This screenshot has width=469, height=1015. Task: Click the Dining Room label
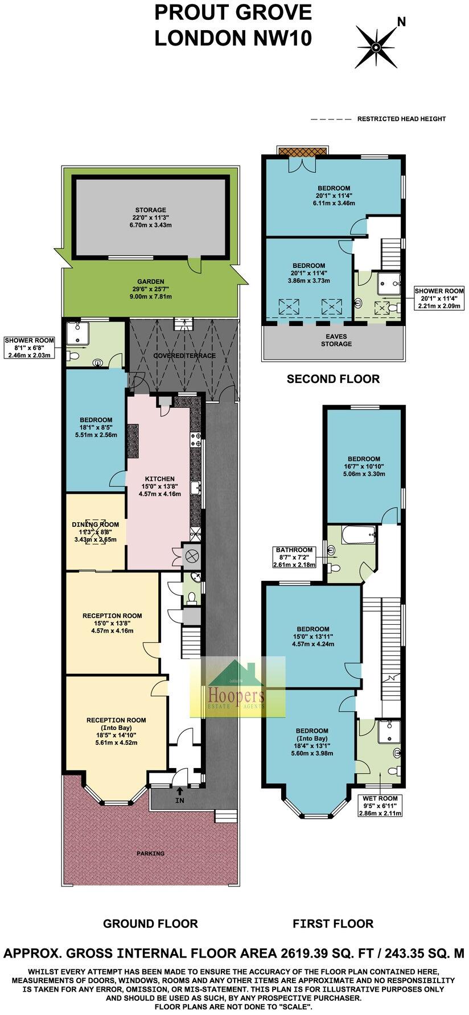(x=95, y=532)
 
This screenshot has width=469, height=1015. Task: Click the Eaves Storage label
(x=336, y=340)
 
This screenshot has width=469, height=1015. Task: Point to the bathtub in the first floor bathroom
(x=359, y=535)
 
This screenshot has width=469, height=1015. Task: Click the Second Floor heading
(x=333, y=378)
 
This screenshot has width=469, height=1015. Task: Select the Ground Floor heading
(x=150, y=923)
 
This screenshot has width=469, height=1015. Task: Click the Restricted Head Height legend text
(x=401, y=119)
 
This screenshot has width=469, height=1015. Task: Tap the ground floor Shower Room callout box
(x=30, y=348)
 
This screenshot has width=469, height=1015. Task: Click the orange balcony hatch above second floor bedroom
(x=303, y=151)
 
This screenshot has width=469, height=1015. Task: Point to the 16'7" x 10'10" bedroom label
(x=364, y=466)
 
